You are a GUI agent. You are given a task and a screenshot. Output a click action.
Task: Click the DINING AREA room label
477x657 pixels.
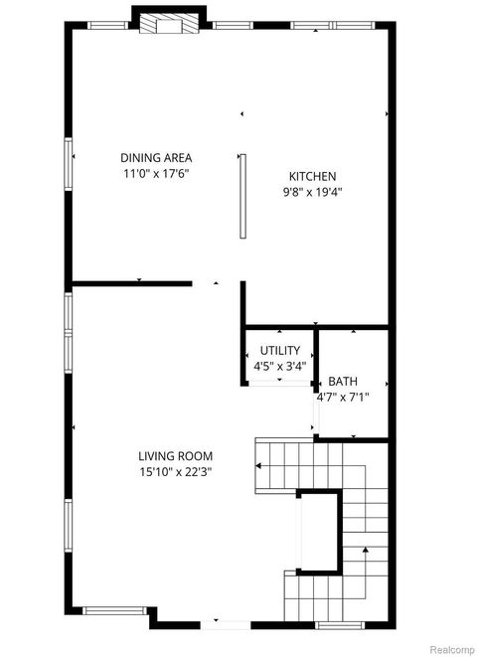[156, 157]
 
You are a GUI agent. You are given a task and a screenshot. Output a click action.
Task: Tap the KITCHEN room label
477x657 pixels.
[313, 176]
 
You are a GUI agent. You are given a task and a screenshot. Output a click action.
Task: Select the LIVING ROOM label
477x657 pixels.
[176, 456]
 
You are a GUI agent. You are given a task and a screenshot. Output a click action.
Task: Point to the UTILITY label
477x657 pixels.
[279, 350]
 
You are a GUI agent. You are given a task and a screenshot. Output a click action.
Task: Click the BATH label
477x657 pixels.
[343, 381]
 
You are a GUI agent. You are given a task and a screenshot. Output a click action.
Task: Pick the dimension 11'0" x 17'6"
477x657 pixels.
[156, 174]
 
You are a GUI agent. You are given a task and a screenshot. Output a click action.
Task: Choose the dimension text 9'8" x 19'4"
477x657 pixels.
[313, 193]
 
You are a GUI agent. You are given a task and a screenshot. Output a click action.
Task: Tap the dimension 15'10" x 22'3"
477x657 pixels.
[176, 473]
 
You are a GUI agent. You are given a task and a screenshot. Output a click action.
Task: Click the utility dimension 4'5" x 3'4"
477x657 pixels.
[279, 366]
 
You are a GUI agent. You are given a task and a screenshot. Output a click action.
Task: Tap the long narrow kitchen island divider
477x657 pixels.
[242, 195]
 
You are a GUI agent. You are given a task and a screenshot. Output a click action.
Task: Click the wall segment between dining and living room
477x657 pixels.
[131, 284]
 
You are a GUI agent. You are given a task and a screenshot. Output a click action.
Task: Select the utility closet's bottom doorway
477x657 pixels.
[278, 384]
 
